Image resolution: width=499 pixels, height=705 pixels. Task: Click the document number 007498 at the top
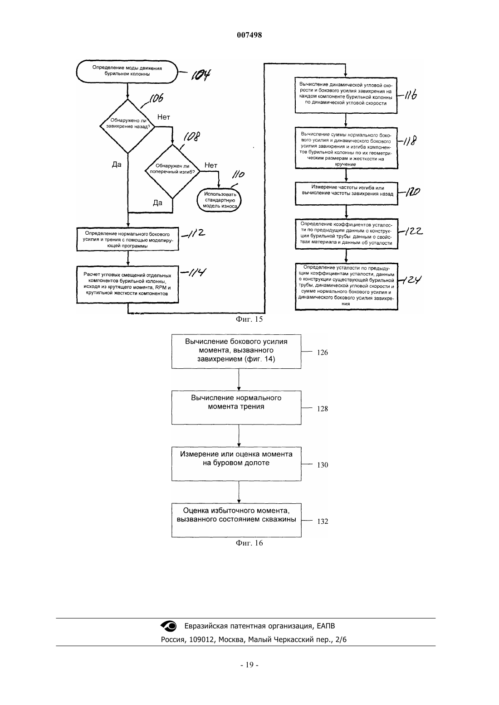249,35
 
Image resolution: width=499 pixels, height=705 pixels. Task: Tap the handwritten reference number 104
201,75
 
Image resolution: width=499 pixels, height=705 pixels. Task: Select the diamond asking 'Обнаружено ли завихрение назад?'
127,126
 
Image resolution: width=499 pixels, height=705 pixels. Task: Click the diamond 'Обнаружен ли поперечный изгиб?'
172,171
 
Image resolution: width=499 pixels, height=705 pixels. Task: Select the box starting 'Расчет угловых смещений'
127,285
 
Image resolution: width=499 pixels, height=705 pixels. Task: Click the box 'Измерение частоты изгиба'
347,194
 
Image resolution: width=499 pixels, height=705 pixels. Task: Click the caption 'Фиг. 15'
249,319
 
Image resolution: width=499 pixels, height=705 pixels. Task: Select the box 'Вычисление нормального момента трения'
236,408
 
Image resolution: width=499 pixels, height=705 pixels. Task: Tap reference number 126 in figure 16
322,352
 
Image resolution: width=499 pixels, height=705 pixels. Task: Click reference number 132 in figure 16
323,521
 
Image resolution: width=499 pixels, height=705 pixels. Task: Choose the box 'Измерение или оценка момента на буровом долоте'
236,464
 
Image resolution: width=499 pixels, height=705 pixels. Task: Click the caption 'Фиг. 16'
249,543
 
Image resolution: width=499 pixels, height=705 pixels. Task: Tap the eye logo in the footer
169,626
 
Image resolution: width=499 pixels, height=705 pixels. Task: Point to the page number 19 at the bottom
249,665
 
